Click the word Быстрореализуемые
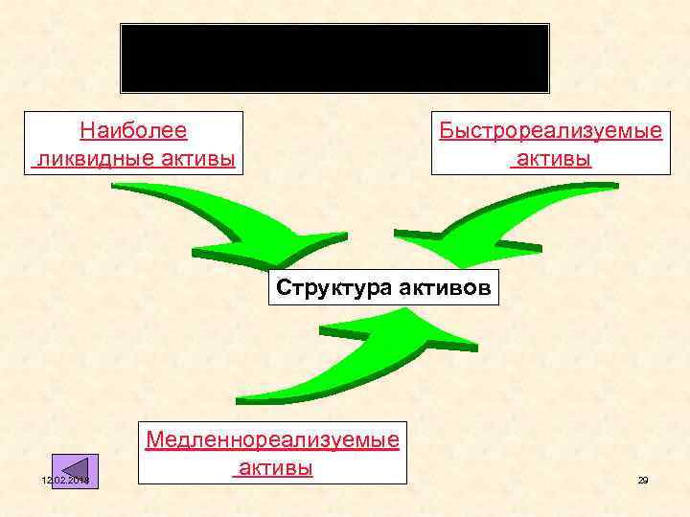550,130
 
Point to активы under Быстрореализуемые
552,158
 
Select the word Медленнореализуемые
271,440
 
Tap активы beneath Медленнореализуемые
275,468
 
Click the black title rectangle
334,57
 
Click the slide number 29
643,480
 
